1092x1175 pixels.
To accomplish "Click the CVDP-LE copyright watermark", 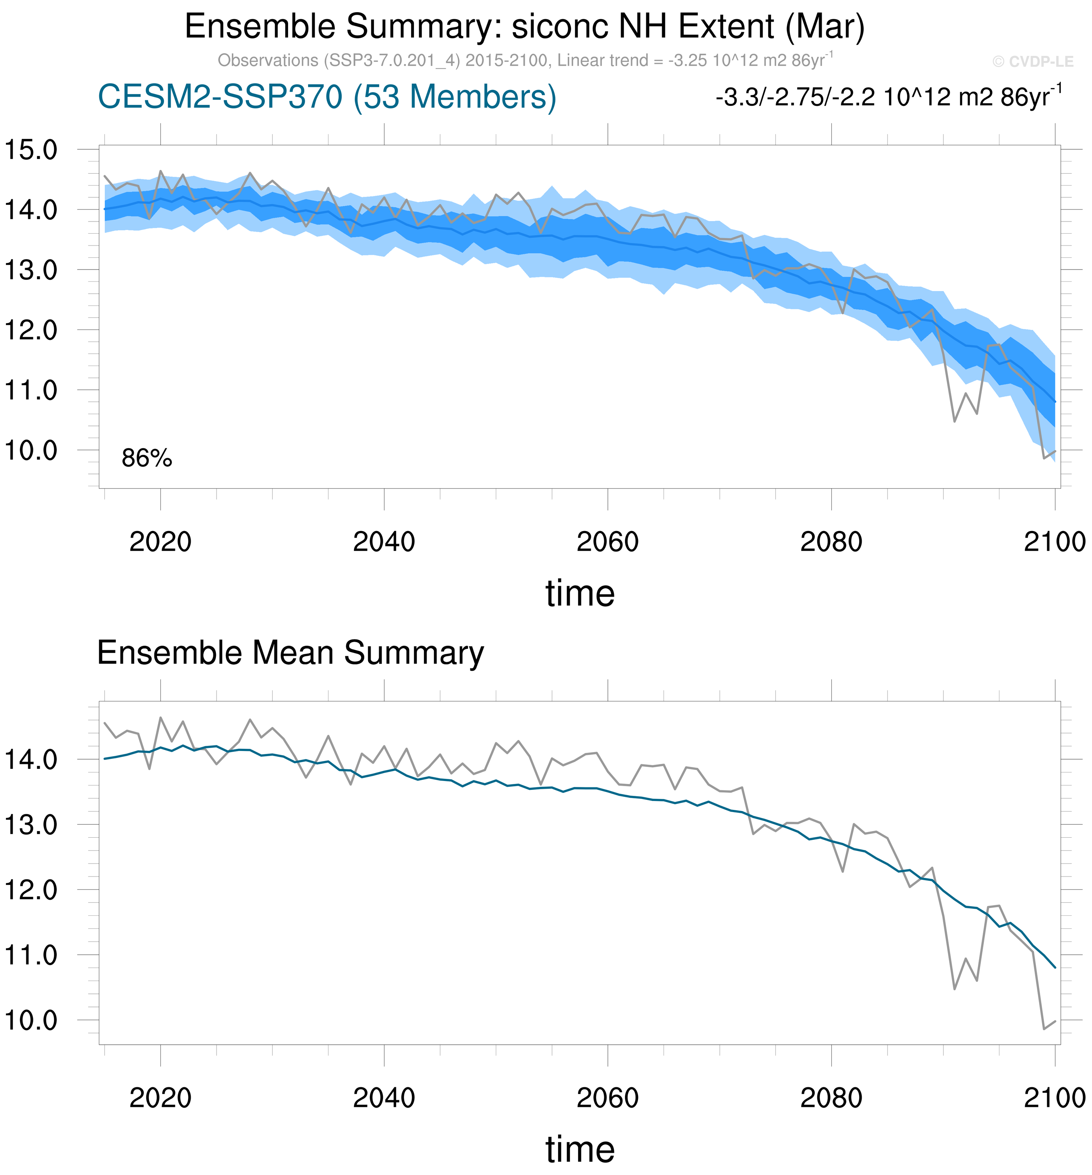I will pos(1032,61).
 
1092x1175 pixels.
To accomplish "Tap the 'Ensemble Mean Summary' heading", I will pos(290,653).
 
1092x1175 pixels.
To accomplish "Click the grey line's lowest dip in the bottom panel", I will pos(1044,1029).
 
